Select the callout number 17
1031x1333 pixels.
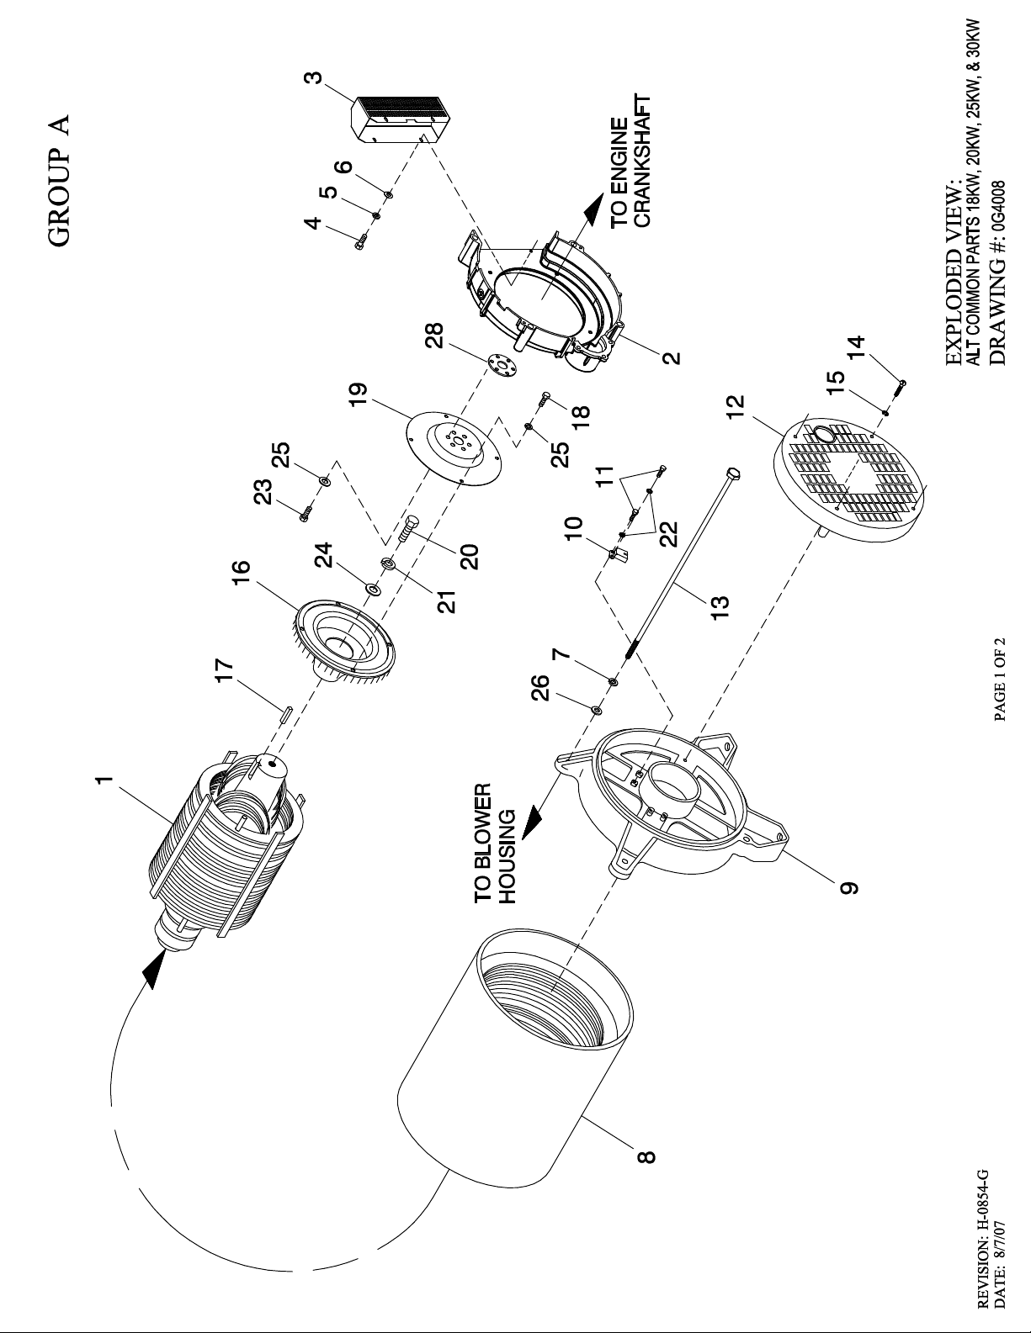224,671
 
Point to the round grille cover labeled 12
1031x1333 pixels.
846,479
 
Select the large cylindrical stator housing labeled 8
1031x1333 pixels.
513,1051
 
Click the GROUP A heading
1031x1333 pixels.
60,180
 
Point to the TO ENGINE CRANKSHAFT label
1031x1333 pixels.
631,172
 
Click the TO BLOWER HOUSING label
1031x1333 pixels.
494,844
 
